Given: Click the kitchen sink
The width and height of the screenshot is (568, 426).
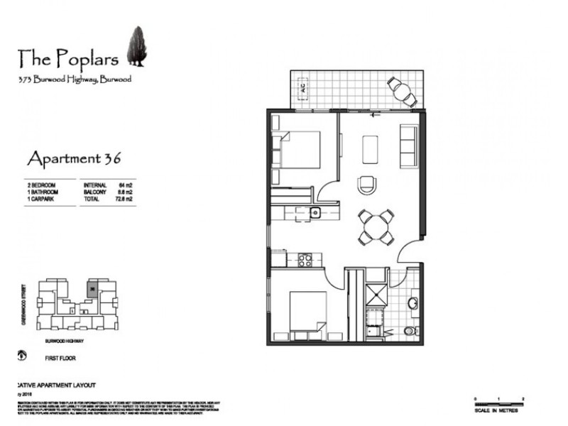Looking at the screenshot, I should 315,212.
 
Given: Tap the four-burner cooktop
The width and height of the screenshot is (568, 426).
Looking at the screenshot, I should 306,260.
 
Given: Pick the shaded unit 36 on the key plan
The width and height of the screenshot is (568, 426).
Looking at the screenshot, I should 92,288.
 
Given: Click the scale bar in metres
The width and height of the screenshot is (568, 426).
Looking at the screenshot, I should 500,404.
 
